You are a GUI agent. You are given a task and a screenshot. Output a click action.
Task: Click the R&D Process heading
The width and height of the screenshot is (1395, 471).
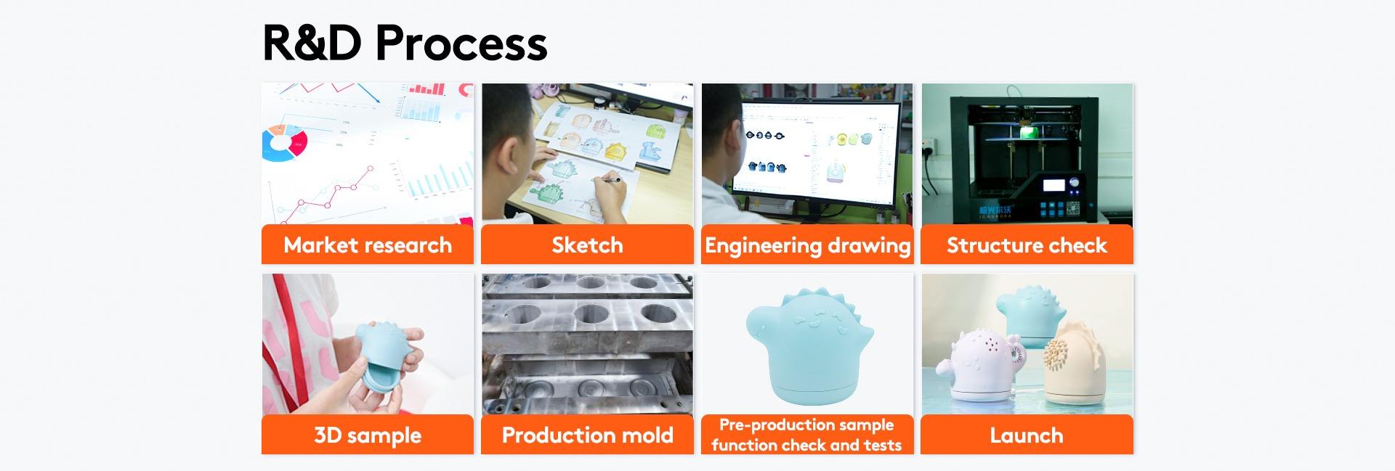pyautogui.click(x=404, y=42)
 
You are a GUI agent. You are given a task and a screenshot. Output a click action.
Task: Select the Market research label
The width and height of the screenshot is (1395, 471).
pyautogui.click(x=368, y=245)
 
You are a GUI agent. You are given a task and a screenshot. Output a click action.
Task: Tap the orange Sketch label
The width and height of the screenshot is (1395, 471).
pyautogui.click(x=587, y=245)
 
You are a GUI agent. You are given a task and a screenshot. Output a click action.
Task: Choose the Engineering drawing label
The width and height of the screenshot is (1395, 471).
pyautogui.click(x=807, y=245)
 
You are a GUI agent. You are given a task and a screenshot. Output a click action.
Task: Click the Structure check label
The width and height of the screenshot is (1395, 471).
pyautogui.click(x=1027, y=245)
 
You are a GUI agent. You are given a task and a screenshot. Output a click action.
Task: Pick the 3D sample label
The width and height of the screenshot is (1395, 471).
pyautogui.click(x=368, y=435)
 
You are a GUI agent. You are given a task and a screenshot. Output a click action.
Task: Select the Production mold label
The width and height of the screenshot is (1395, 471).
pyautogui.click(x=587, y=435)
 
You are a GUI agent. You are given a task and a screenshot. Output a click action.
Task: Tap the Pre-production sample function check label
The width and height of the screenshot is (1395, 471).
pyautogui.click(x=807, y=435)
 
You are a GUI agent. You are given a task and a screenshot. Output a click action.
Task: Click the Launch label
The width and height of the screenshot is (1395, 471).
pyautogui.click(x=1027, y=435)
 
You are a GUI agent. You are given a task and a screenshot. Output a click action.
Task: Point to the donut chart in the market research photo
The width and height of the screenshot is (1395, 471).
pyautogui.click(x=284, y=142)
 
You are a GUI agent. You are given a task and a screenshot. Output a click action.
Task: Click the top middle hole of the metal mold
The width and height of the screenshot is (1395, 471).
pyautogui.click(x=590, y=314)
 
